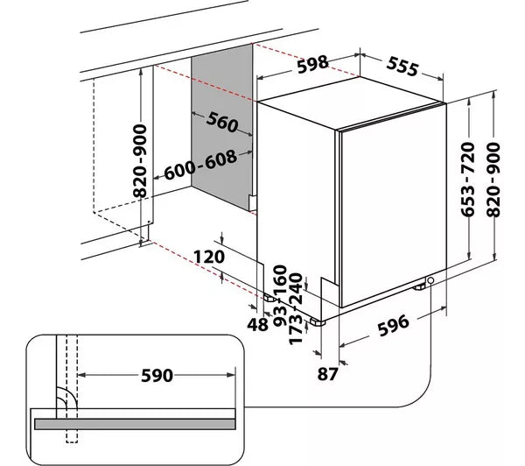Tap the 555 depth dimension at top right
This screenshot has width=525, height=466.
[x=402, y=67]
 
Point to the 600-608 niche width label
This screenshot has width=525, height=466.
[x=199, y=162]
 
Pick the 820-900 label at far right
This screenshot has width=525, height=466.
[x=496, y=180]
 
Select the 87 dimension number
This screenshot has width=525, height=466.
[x=353, y=376]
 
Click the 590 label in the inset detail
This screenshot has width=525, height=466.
[x=155, y=377]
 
